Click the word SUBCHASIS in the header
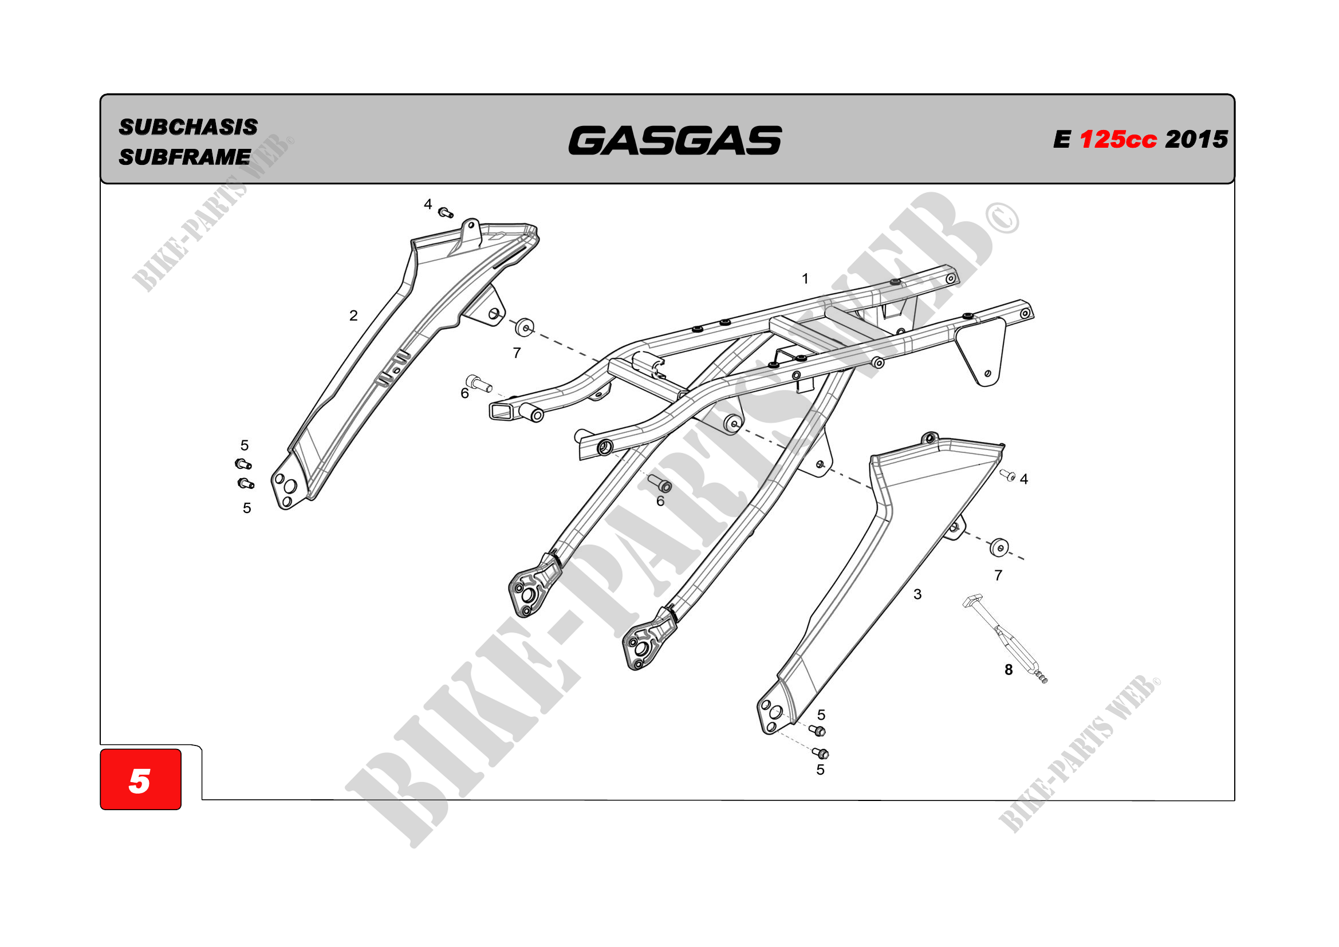coord(188,127)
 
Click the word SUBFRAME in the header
coord(184,157)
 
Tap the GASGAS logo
coord(675,140)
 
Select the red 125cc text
coord(1117,139)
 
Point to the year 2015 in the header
coord(1196,139)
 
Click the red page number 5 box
coord(140,779)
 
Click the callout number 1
coord(805,279)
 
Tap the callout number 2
coord(353,315)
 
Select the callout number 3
coord(917,594)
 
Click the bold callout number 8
coord(1009,670)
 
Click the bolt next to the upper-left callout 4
coord(446,212)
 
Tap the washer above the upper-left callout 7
coord(524,327)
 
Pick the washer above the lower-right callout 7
coord(999,547)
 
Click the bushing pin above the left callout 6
coord(479,383)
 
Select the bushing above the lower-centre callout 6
coord(660,483)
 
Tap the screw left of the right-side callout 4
coord(1007,475)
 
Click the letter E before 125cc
coord(1061,140)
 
